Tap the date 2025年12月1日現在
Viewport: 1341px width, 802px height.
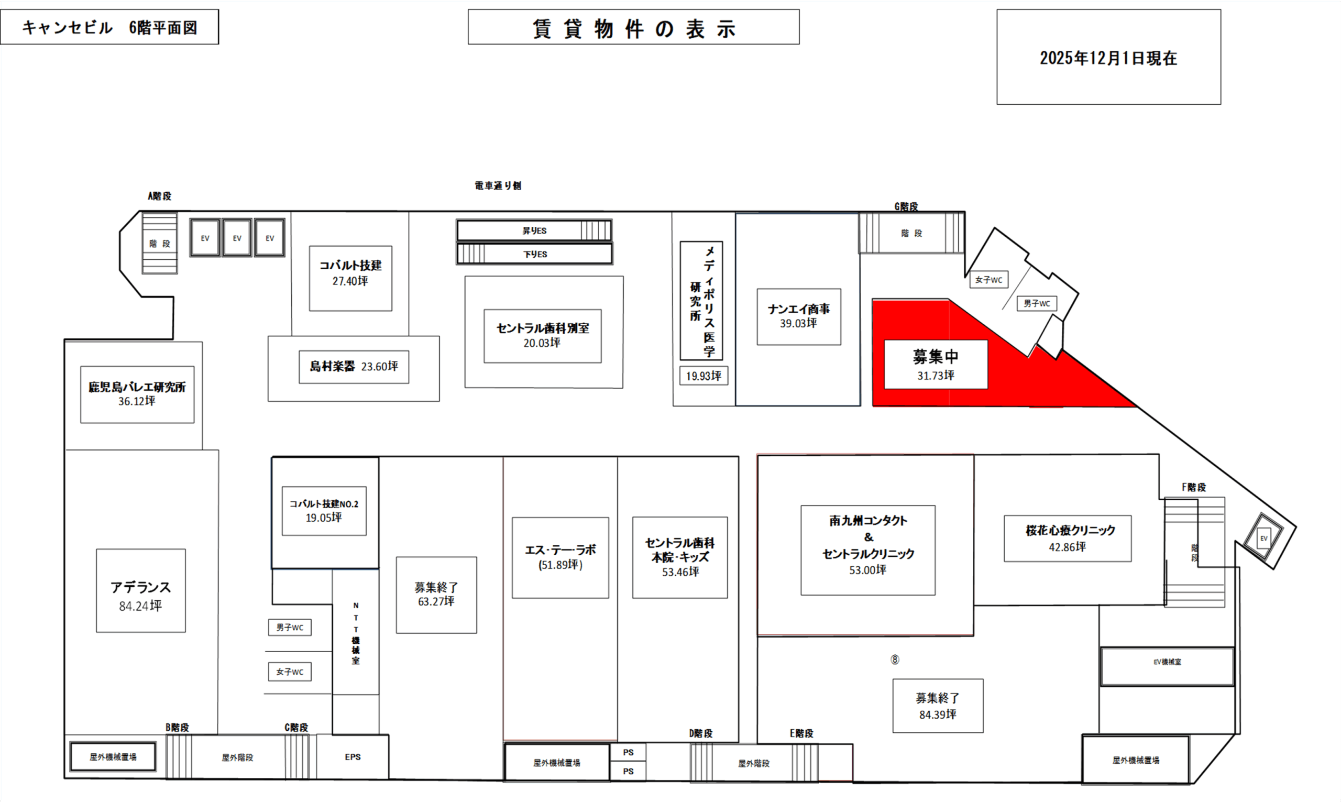point(1108,58)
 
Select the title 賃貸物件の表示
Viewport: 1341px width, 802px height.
point(633,28)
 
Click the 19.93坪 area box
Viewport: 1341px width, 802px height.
point(704,376)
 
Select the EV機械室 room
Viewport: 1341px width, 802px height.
point(1167,662)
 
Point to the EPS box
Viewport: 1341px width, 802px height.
point(353,757)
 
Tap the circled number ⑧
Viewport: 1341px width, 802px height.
point(895,660)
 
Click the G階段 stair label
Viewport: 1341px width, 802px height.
point(906,206)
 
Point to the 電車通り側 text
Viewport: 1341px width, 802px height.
point(498,186)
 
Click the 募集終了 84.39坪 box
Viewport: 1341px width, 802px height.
point(938,706)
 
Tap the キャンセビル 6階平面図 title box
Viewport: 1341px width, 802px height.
point(109,27)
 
